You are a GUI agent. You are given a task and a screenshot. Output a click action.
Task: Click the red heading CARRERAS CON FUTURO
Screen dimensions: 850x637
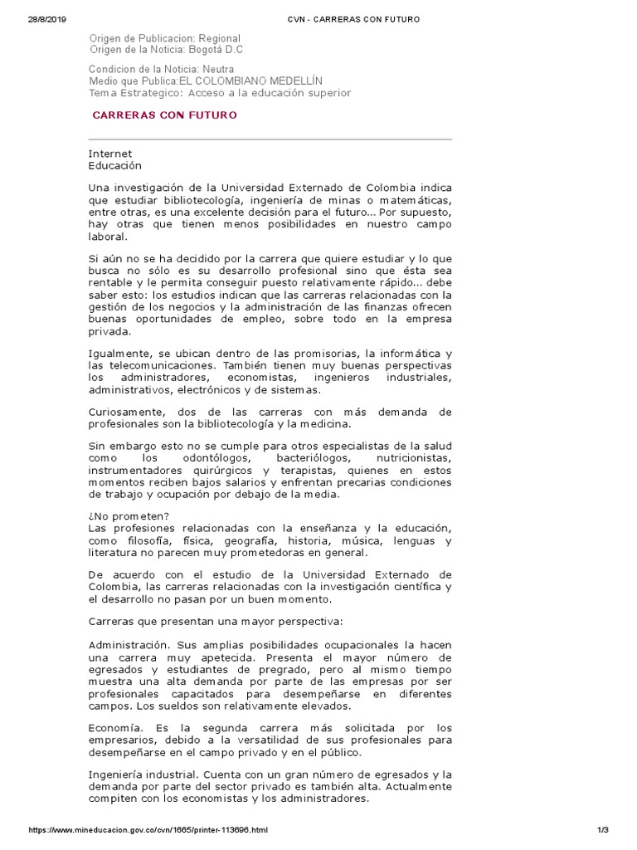(164, 115)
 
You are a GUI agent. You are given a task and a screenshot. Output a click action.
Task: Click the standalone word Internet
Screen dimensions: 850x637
(110, 154)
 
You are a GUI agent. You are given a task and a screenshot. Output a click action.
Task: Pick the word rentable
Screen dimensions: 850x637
(111, 282)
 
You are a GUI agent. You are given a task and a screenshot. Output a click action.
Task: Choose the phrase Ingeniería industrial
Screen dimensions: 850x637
(139, 774)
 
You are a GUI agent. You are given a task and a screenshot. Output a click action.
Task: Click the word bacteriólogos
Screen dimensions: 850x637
(304, 459)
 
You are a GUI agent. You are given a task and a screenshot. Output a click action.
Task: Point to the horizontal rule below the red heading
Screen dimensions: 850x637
(270, 139)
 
